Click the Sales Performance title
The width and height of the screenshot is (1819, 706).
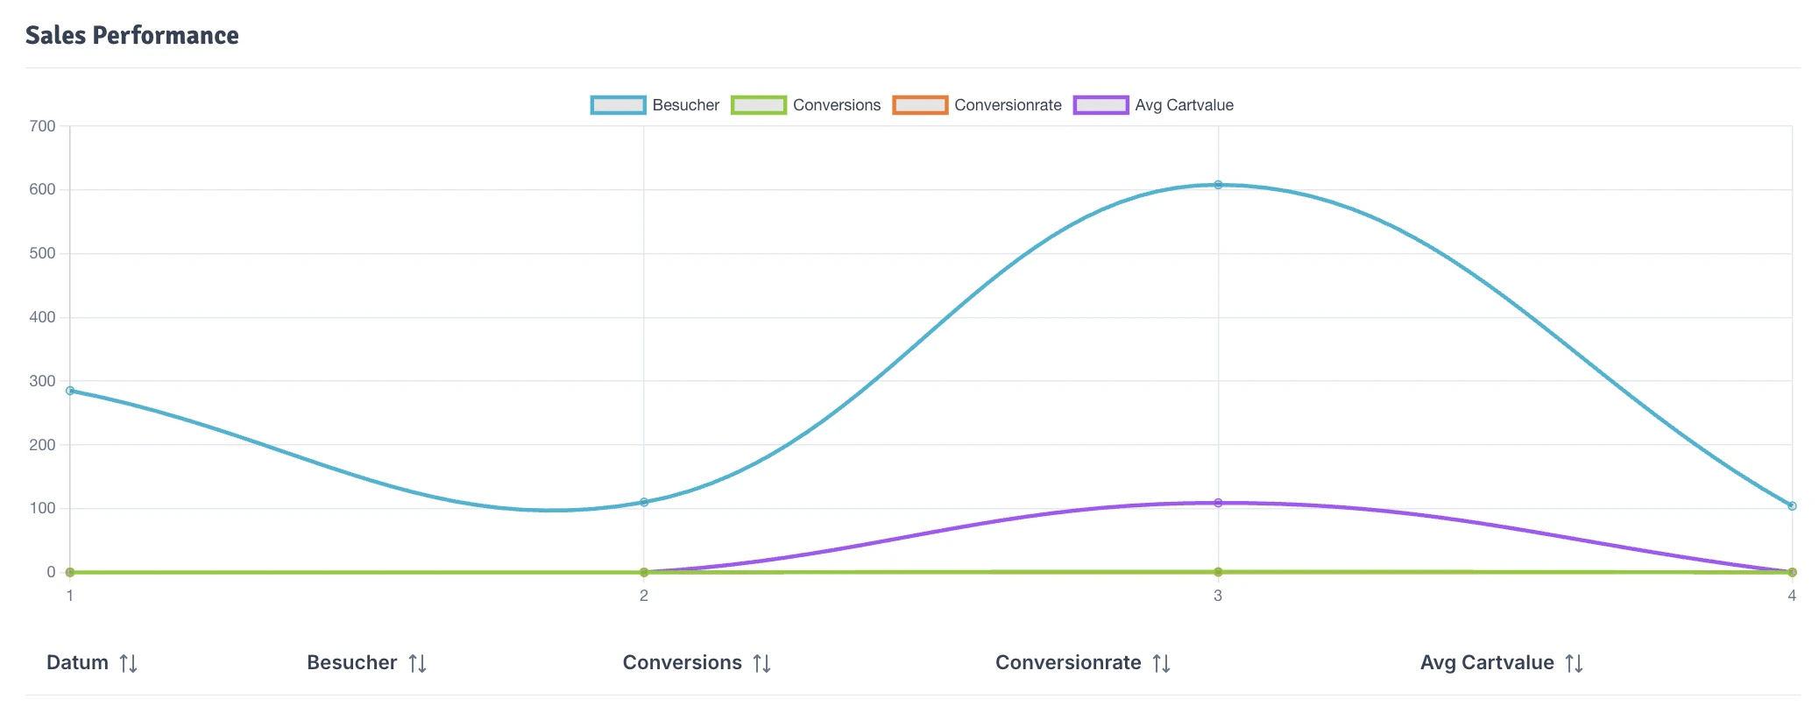pos(131,35)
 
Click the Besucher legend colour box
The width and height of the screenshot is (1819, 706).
pos(618,105)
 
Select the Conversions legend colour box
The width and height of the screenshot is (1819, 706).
pos(758,105)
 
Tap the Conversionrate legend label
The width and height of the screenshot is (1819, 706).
pos(1008,105)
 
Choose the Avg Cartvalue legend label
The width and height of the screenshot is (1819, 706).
pos(1184,105)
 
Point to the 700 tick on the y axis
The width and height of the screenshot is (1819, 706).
pos(42,126)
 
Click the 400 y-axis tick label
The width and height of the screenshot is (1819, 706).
pos(42,317)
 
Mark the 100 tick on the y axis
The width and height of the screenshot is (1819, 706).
pos(42,508)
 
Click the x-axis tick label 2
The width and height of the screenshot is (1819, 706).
pos(644,596)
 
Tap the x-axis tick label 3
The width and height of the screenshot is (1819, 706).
pos(1218,596)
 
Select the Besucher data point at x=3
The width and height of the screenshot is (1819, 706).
pos(1218,185)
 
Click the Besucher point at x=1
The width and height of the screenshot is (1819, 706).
pos(70,391)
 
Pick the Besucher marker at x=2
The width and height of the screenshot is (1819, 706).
pos(644,502)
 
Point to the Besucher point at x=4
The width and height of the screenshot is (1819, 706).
pos(1792,505)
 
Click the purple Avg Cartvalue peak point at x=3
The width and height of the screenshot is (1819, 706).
pos(1218,503)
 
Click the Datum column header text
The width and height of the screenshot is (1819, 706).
pos(77,663)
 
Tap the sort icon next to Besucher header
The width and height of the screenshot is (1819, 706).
pos(418,664)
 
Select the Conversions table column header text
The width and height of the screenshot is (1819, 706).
pos(682,663)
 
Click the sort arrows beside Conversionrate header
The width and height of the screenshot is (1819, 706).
pos(1162,664)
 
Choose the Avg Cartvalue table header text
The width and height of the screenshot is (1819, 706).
pos(1487,663)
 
